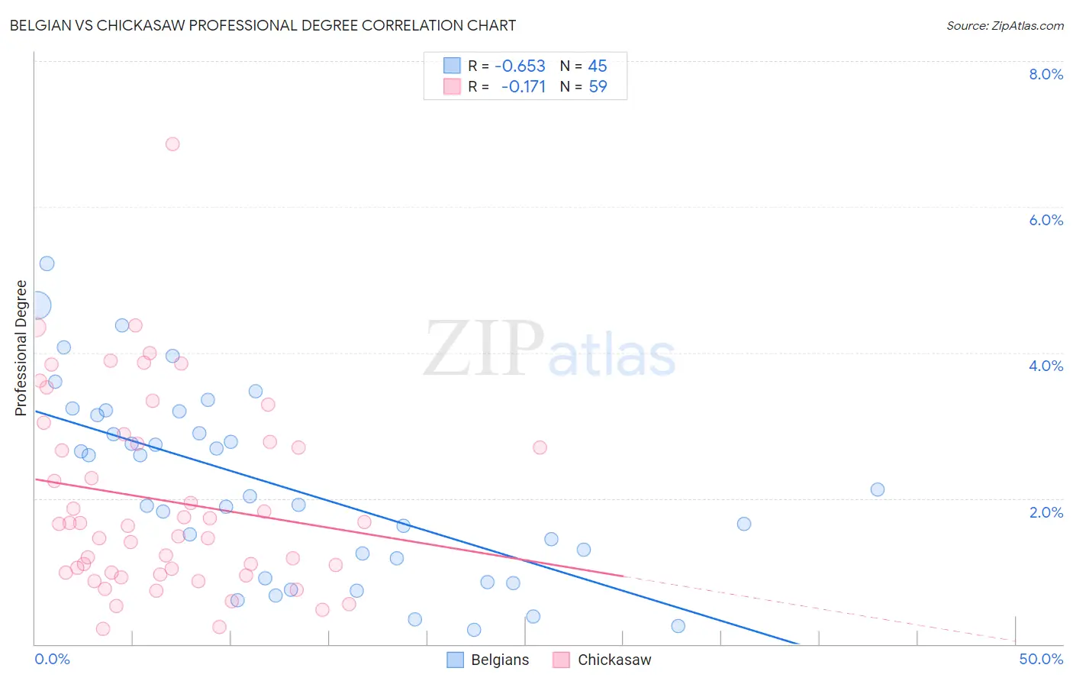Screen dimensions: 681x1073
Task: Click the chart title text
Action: [x=263, y=25]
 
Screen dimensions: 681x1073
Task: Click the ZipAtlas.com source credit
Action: [x=1004, y=25]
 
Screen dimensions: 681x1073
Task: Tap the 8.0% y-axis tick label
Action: [x=1046, y=74]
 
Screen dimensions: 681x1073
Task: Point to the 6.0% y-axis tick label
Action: [x=1046, y=220]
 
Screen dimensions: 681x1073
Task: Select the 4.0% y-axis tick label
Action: [x=1046, y=366]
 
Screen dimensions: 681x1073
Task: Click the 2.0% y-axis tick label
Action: [x=1046, y=512]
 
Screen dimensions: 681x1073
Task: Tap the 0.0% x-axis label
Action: [x=52, y=659]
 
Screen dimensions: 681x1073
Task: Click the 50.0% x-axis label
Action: [x=1041, y=659]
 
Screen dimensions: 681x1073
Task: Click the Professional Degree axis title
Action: [x=21, y=348]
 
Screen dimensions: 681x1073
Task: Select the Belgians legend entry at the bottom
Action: [x=488, y=660]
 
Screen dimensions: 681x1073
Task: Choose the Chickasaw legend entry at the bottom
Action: [x=602, y=660]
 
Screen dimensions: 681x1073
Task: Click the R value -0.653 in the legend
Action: [x=520, y=66]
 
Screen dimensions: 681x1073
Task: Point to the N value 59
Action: [x=598, y=87]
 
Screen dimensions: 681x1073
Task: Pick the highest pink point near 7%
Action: [x=172, y=144]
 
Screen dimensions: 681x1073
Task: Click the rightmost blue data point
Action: [x=878, y=489]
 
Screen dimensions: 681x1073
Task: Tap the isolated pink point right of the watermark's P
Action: [x=540, y=447]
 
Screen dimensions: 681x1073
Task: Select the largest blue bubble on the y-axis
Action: [x=37, y=305]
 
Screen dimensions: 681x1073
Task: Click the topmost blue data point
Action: [x=47, y=263]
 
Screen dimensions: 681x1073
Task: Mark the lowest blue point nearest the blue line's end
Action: [x=678, y=626]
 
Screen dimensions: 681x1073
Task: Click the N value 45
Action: [x=598, y=66]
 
